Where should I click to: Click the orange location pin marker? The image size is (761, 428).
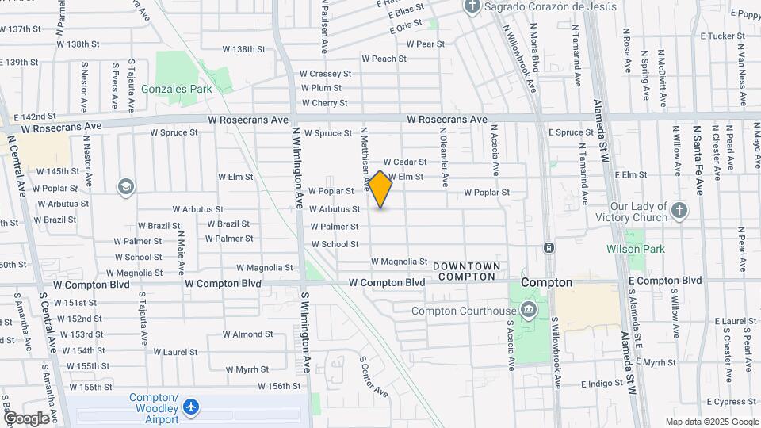click(x=380, y=189)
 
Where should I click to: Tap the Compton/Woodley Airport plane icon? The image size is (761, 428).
click(x=190, y=407)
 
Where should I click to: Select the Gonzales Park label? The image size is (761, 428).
click(x=176, y=90)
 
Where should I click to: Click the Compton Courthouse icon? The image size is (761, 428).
click(x=530, y=310)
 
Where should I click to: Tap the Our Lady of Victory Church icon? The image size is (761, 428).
click(x=679, y=211)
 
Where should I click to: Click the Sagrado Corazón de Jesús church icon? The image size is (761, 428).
click(x=472, y=7)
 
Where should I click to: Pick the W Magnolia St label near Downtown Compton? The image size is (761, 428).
click(x=400, y=262)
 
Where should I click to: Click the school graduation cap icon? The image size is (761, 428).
click(x=125, y=187)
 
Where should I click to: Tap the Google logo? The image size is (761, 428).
click(x=26, y=418)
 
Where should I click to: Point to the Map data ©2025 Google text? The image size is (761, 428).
click(x=711, y=422)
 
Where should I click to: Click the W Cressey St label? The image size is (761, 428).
click(x=324, y=74)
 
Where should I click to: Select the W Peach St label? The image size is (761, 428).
click(x=384, y=59)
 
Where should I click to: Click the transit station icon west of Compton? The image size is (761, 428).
click(x=549, y=248)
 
